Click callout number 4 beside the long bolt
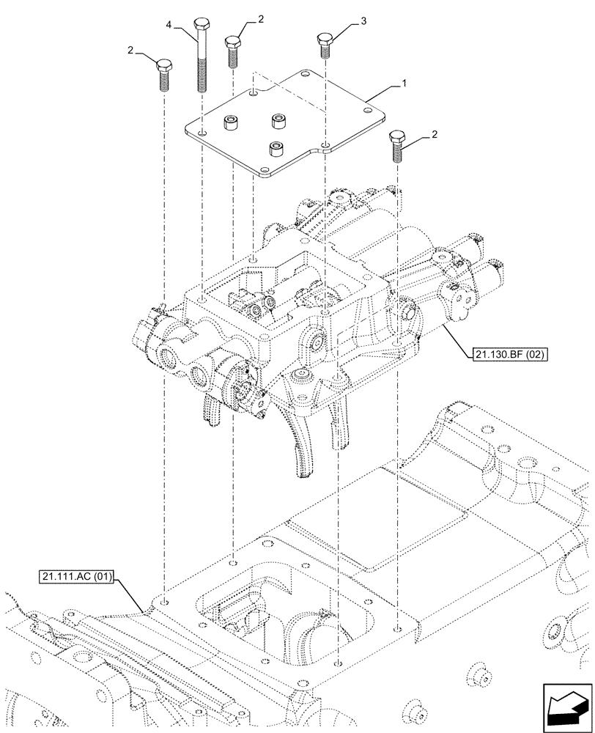coord(169,26)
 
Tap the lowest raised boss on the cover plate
coord(276,150)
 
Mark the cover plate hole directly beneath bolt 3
coord(325,144)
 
